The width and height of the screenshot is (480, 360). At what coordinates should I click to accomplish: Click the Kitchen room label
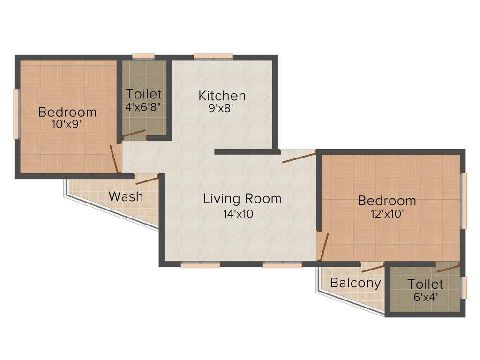pyautogui.click(x=222, y=96)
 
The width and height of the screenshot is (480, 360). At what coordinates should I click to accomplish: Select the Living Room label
pyautogui.click(x=242, y=198)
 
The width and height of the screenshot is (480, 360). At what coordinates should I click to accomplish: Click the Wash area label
pyautogui.click(x=126, y=196)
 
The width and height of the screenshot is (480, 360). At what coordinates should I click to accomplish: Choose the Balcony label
pyautogui.click(x=355, y=283)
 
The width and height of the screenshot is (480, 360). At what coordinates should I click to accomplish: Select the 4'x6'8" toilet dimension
pyautogui.click(x=143, y=106)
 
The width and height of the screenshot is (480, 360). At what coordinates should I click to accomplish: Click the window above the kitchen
pyautogui.click(x=213, y=57)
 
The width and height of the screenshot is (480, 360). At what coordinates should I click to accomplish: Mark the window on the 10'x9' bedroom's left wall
pyautogui.click(x=16, y=114)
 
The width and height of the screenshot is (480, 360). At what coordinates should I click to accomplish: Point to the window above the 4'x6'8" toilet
pyautogui.click(x=143, y=57)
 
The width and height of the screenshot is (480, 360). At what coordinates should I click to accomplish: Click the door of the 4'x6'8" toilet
pyautogui.click(x=134, y=135)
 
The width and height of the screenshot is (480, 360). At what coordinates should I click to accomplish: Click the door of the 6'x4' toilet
pyautogui.click(x=448, y=268)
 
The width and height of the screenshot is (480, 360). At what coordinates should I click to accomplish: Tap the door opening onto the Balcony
pyautogui.click(x=373, y=268)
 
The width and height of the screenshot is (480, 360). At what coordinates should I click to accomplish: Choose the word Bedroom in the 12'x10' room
pyautogui.click(x=387, y=201)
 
